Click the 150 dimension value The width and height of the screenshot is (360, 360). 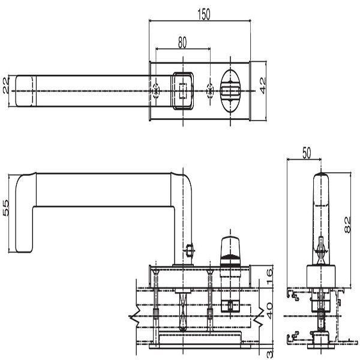(x=204, y=16)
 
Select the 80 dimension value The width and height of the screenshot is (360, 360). (x=182, y=42)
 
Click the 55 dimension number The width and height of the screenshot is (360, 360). (x=6, y=208)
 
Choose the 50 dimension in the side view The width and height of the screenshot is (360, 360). (x=306, y=154)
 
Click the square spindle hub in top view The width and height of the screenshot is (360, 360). (x=182, y=91)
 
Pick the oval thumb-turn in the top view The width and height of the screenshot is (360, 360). (x=232, y=91)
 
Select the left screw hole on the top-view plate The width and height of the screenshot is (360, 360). (x=156, y=91)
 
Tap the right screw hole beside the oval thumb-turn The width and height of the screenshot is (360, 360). (x=209, y=91)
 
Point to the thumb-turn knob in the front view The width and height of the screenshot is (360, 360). (x=230, y=247)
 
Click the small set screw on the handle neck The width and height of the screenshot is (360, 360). (x=189, y=251)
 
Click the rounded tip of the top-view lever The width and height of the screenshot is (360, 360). (x=23, y=91)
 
